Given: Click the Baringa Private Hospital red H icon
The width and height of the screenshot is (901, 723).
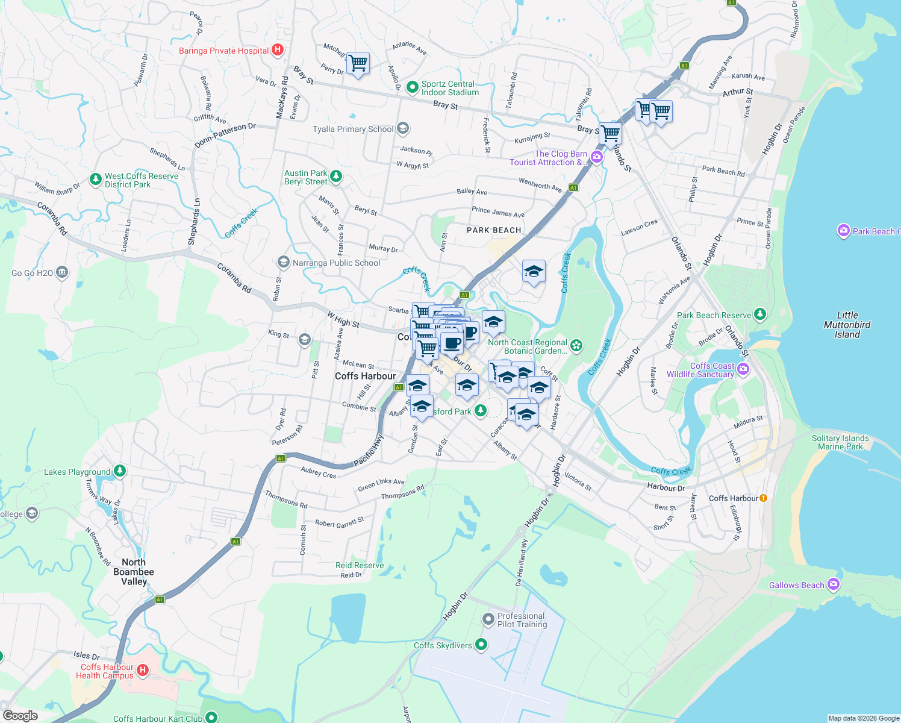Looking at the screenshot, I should click(278, 51).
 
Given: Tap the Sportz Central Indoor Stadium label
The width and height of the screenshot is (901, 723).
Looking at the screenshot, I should click(450, 88).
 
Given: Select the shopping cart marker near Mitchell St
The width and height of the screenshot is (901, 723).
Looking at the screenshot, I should click(358, 63).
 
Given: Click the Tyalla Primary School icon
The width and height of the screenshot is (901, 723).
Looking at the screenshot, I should click(403, 128).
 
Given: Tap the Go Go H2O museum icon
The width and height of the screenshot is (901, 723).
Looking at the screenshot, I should click(62, 273).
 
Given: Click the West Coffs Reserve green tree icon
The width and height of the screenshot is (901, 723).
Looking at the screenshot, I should click(95, 179).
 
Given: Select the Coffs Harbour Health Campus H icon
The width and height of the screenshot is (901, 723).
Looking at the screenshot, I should click(143, 670).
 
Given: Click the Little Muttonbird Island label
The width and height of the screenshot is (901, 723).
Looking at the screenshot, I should click(847, 325).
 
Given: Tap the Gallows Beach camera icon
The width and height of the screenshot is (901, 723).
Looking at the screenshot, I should click(834, 584).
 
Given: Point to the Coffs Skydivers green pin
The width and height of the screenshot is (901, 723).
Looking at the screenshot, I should click(481, 645).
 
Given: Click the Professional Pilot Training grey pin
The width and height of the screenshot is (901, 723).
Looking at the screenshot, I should click(488, 619).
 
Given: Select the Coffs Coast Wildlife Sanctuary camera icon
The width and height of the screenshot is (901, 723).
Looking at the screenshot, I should click(743, 369).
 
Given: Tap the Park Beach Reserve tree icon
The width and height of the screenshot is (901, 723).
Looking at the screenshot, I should click(760, 314).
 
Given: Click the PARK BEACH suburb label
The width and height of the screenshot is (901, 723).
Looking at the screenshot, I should click(494, 230).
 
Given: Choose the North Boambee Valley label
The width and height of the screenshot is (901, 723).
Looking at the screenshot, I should click(134, 572).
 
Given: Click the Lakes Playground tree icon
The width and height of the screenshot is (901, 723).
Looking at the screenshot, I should click(120, 471).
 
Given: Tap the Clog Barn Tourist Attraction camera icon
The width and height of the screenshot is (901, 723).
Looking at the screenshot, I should click(597, 157).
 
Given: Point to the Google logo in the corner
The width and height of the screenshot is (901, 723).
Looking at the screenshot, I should click(20, 716).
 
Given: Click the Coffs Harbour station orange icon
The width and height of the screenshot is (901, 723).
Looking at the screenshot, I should click(764, 498).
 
